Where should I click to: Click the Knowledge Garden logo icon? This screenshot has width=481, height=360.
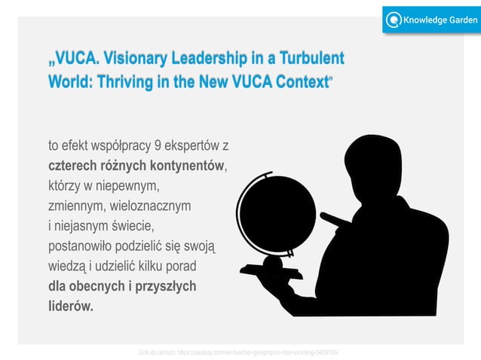(393, 20)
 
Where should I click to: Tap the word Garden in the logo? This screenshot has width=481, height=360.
(455, 20)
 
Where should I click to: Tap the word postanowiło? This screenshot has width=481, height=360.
(84, 246)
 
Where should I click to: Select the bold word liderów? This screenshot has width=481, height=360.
(70, 307)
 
